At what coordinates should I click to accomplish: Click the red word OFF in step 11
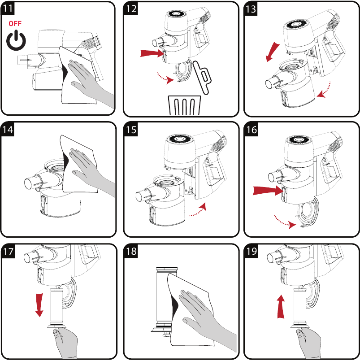click(x=14, y=24)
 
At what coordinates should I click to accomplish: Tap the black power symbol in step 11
click(x=15, y=41)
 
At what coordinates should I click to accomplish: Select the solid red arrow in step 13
click(x=272, y=52)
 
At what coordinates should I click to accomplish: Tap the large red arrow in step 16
click(x=266, y=190)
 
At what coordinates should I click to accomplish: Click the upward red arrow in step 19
click(x=281, y=306)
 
